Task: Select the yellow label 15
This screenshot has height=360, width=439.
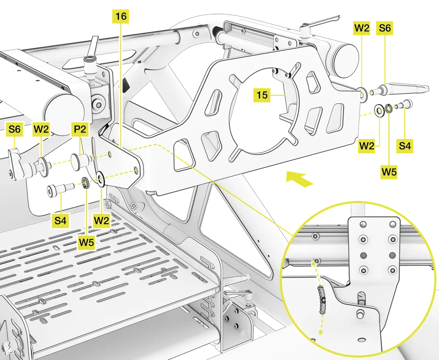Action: [262, 94]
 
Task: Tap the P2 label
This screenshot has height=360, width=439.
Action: [80, 130]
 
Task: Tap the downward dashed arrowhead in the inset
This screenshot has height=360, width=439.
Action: [320, 332]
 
